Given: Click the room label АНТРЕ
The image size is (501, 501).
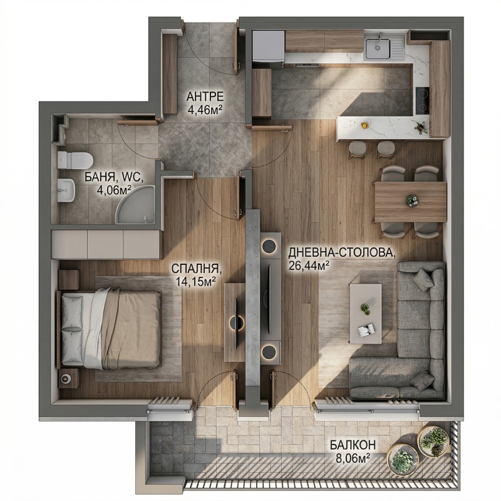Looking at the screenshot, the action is pyautogui.click(x=205, y=96).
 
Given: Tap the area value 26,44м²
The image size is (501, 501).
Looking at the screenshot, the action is pyautogui.click(x=309, y=265).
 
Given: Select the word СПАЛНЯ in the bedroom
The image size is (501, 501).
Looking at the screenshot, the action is pyautogui.click(x=196, y=269).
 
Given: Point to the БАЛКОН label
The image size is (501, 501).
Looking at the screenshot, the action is pyautogui.click(x=353, y=445).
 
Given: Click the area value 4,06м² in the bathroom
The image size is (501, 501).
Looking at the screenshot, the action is pyautogui.click(x=115, y=190).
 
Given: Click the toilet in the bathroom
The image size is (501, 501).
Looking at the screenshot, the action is pyautogui.click(x=75, y=160).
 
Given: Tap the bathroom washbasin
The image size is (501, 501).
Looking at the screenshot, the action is pyautogui.click(x=66, y=190).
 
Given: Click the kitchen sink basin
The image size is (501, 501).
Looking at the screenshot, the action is pyautogui.click(x=378, y=49).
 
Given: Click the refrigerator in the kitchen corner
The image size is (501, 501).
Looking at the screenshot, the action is pyautogui.click(x=269, y=48).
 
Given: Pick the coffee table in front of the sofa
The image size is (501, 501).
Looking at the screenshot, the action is pyautogui.click(x=366, y=314).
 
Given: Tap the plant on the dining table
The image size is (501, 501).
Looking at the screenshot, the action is pyautogui.click(x=411, y=200).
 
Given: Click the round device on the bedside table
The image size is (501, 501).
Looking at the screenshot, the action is pyautogui.click(x=66, y=379).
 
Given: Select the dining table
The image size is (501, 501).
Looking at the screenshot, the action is pyautogui.click(x=410, y=202).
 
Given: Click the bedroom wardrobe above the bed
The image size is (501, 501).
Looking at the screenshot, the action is pyautogui.click(x=106, y=244).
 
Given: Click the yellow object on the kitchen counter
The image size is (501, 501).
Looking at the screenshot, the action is pyautogui.click(x=364, y=125).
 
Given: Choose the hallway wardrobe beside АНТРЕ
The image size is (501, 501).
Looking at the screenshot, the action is pyautogui.click(x=170, y=73).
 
